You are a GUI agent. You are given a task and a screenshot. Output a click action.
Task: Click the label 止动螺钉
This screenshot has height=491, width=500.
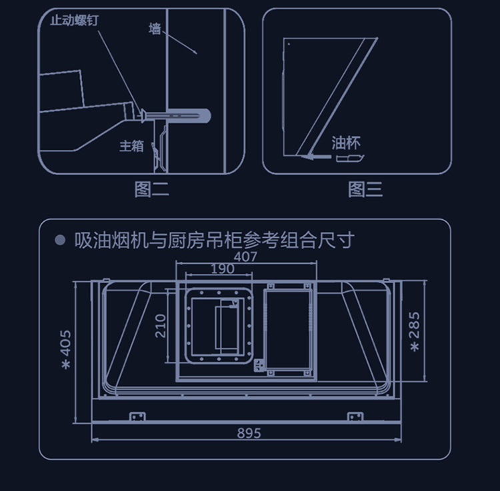click(75, 20)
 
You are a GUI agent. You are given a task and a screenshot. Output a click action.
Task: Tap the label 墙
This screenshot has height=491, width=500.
click(155, 29)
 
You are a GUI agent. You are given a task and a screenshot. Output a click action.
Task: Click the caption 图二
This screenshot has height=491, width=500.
click(151, 189)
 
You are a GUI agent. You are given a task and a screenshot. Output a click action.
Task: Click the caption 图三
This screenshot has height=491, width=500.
click(365, 189)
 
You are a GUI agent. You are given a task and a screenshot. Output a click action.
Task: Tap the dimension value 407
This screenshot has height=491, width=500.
click(245, 256)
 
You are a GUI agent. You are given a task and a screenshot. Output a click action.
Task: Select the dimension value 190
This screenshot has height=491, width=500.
click(222, 268)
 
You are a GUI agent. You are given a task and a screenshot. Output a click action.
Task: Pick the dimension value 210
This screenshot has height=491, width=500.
click(161, 326)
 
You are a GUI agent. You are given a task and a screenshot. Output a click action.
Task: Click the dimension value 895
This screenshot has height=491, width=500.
click(249, 433)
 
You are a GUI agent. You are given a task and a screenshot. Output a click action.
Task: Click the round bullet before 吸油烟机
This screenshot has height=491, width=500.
click(60, 240)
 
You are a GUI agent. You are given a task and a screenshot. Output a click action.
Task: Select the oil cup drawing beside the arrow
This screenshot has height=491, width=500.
click(350, 159)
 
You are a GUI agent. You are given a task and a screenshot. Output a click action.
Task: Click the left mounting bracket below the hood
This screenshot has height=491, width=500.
click(137, 416)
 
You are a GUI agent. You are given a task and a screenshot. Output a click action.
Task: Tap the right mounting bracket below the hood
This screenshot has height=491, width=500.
click(355, 416)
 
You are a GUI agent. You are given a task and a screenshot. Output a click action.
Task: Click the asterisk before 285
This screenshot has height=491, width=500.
click(415, 347)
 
